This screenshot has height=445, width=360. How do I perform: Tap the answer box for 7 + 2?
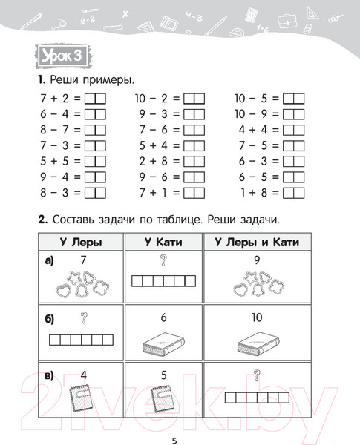click(96, 98)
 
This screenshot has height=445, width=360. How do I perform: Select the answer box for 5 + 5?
click(96, 160)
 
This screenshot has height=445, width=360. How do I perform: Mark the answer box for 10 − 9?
click(294, 113)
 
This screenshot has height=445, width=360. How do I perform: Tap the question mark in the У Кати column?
click(163, 259)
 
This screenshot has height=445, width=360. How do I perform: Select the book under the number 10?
click(257, 340)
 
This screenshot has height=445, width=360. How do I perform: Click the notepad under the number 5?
click(162, 398)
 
